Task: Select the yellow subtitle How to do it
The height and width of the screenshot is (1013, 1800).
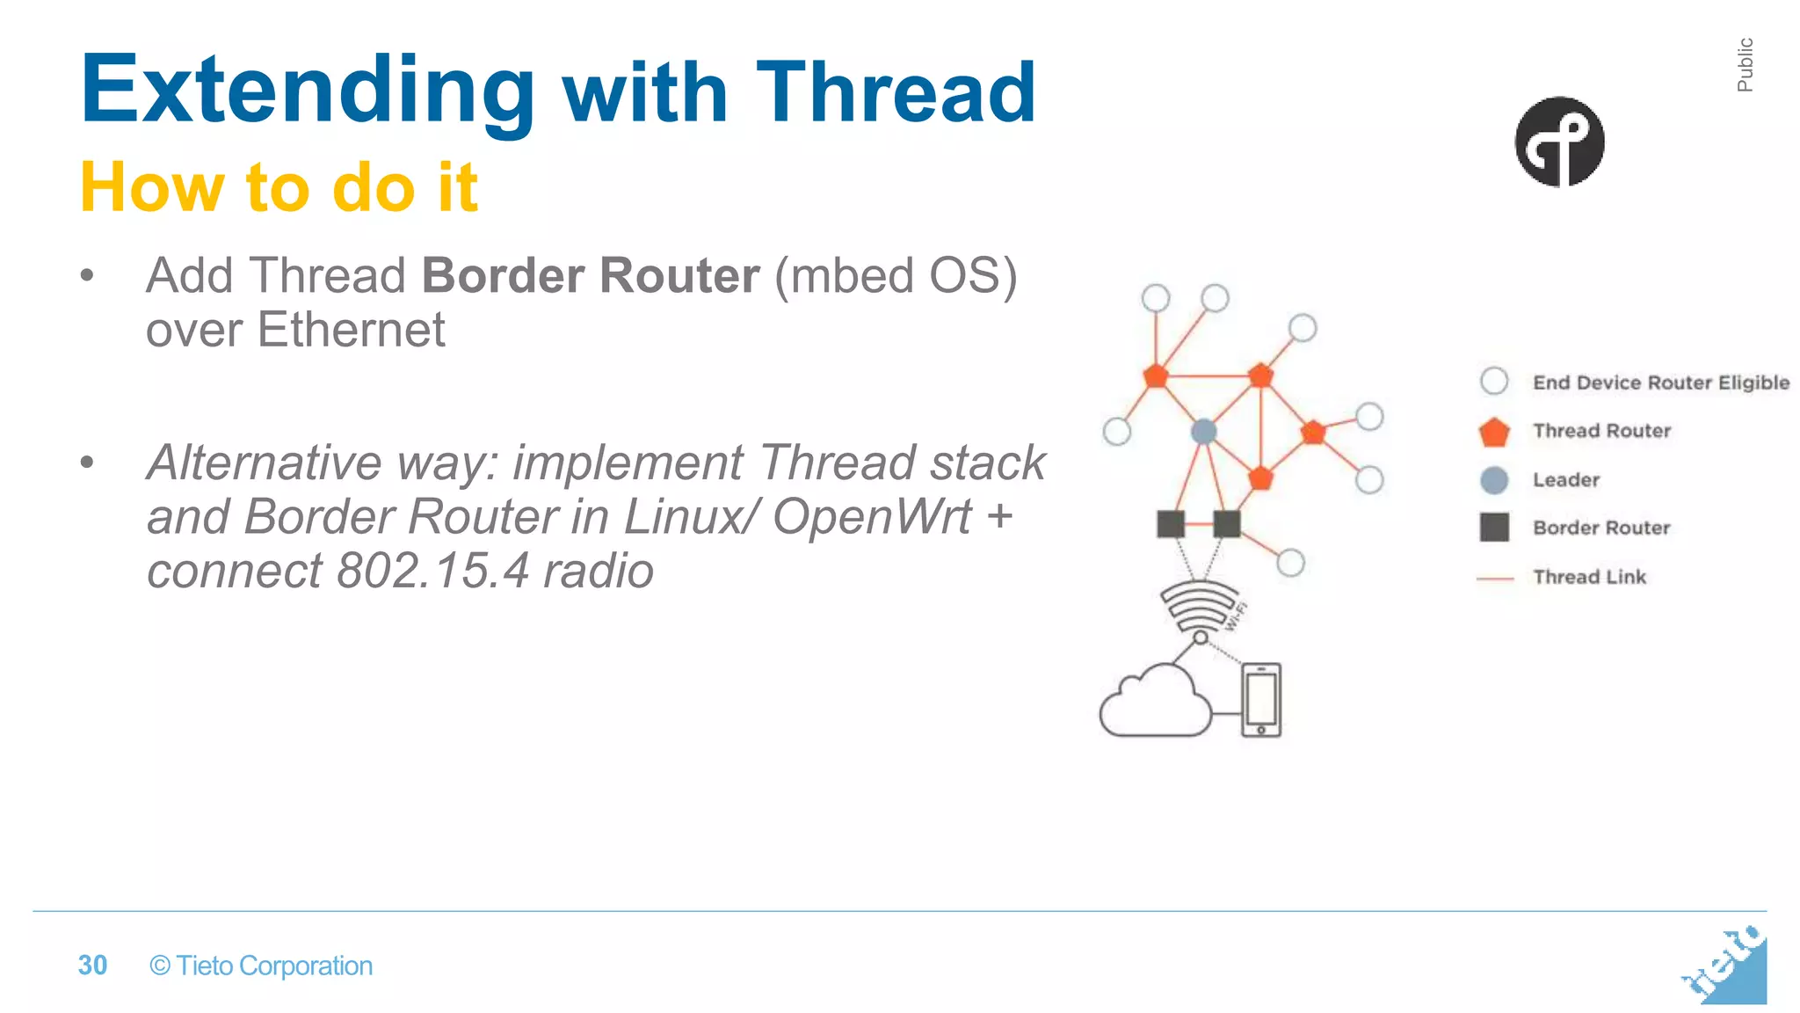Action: click(x=279, y=187)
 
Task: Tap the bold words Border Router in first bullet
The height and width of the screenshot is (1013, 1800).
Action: click(x=590, y=276)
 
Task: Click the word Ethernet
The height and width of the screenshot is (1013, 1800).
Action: click(x=351, y=331)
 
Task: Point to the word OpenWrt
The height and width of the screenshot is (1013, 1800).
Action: click(x=871, y=517)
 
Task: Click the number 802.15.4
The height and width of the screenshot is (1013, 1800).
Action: click(x=432, y=572)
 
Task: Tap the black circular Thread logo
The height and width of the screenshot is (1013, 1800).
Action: click(x=1558, y=142)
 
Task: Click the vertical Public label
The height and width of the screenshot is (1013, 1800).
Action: click(x=1745, y=65)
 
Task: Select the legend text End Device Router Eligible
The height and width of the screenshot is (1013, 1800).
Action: click(x=1660, y=383)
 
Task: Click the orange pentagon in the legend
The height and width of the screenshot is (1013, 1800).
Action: click(x=1494, y=432)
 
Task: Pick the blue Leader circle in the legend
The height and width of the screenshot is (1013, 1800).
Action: click(x=1494, y=480)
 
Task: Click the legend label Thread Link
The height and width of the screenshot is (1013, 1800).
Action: click(x=1589, y=577)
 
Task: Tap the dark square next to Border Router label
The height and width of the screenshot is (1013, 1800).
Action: click(x=1494, y=528)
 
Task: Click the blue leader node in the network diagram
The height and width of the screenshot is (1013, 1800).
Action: click(x=1203, y=432)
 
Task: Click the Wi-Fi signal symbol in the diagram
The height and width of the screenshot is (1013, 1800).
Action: click(x=1198, y=607)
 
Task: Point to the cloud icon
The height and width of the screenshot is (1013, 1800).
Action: click(x=1154, y=703)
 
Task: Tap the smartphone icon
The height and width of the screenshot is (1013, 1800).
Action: click(x=1261, y=700)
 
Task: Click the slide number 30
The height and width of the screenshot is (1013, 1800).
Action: click(x=92, y=966)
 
